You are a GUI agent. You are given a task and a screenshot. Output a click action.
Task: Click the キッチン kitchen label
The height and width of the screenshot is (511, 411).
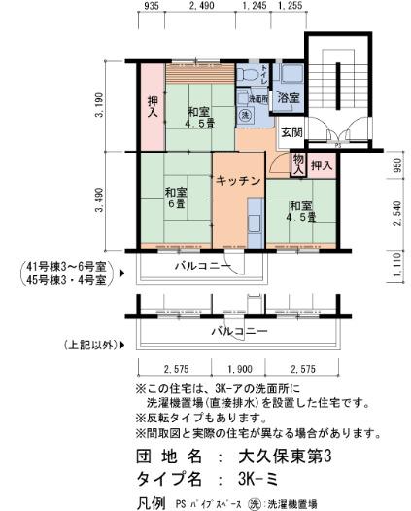point(236,180)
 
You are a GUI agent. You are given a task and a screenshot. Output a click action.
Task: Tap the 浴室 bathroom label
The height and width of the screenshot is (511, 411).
point(289,98)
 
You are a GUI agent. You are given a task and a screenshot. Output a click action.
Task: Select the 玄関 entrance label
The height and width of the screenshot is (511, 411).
point(292,132)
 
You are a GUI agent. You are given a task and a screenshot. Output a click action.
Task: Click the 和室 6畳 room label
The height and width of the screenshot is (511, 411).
point(175,198)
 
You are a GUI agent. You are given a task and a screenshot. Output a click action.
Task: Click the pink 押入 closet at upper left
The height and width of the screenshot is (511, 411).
point(152,106)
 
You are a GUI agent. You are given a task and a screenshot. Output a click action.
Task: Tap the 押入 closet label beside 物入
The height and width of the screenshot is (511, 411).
point(323,165)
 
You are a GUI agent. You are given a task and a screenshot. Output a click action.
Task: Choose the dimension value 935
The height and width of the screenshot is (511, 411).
point(151,6)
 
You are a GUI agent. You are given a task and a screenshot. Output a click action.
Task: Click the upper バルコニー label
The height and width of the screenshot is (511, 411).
point(202,266)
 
